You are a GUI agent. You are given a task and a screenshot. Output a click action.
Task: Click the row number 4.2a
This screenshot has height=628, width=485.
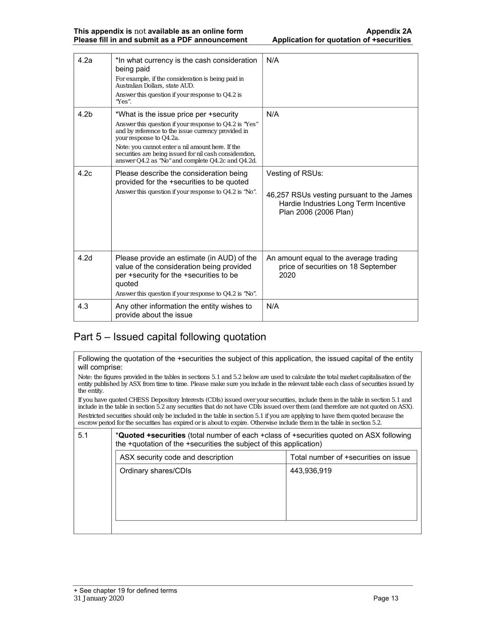coord(85,61)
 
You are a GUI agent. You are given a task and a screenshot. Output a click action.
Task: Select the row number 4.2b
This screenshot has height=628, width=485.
coord(85,115)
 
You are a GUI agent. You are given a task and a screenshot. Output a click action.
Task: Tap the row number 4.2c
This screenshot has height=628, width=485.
coord(85,173)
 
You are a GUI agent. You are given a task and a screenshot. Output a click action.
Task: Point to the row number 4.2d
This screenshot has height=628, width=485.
coord(85,258)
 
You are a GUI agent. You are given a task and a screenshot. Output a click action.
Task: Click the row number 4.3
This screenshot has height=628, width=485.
coord(83,306)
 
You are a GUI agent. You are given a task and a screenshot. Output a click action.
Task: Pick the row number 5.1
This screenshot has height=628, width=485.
coord(83,435)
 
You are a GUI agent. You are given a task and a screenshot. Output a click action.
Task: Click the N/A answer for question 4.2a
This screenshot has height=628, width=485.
coord(273,61)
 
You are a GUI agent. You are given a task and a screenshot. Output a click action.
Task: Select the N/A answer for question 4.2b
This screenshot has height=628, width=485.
coord(273,115)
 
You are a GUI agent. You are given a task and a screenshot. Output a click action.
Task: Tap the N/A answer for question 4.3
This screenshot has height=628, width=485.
coord(273,306)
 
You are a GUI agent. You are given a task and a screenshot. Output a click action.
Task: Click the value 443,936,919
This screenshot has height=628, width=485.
coord(311,471)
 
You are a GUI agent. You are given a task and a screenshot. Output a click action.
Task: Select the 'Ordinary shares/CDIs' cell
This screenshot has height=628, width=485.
coord(155,471)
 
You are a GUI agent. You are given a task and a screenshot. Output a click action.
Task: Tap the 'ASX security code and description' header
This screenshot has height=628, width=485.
coord(176,457)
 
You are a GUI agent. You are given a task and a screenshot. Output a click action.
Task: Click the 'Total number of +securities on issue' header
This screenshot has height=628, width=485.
coord(350,457)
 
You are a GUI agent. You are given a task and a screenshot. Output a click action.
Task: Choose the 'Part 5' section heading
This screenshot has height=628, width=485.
coord(170,337)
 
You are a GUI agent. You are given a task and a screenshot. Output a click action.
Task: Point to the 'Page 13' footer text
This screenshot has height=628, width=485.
coord(386,599)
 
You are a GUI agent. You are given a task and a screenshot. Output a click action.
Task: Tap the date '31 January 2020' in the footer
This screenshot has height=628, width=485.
coord(98,599)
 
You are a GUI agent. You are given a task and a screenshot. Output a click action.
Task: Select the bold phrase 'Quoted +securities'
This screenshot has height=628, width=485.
coord(152,435)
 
